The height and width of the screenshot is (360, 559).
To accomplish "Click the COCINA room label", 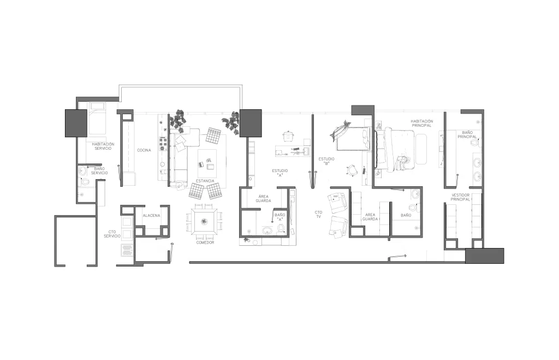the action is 144,150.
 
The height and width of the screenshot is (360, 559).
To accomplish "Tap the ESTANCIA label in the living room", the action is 205,181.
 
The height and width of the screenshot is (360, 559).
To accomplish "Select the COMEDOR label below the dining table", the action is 205,243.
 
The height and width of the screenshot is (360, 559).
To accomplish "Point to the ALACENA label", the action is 151,216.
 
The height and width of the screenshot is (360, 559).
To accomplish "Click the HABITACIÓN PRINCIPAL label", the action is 422,123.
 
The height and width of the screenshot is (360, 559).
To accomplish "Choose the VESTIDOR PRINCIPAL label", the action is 460,197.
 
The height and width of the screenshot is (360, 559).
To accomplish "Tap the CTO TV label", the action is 318,215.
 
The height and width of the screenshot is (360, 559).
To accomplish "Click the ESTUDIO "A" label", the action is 280,173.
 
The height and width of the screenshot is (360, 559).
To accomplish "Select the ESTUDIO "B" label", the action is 326,161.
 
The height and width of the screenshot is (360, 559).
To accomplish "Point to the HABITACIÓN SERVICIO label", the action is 103,146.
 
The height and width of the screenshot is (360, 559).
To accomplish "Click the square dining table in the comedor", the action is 204,222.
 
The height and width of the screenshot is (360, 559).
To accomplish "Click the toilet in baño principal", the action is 474,143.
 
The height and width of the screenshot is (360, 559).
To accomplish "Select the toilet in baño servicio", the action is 85,181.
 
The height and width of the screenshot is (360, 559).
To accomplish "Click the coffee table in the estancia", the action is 207,163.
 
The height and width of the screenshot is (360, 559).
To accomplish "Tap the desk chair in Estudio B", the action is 352,171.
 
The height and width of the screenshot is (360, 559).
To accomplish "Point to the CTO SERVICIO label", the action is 112,234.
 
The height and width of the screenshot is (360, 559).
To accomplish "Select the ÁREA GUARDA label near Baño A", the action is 264,199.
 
